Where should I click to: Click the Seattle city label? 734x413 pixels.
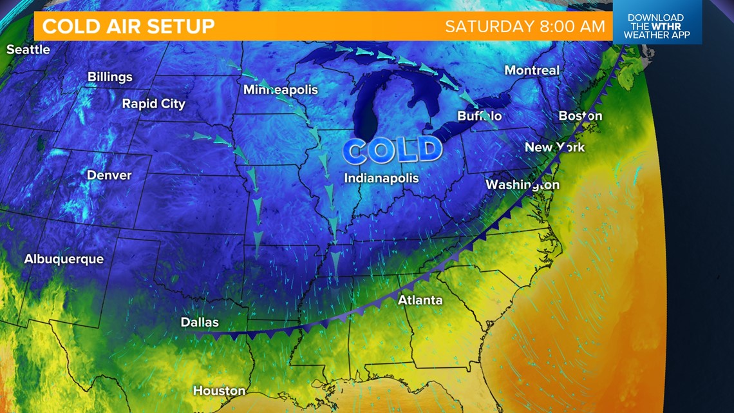[28, 50]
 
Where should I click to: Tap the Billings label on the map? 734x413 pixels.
[110, 77]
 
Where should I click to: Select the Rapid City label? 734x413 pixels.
[154, 104]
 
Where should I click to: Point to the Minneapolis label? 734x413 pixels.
[281, 90]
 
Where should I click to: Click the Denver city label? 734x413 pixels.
[109, 175]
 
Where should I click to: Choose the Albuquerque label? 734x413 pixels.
[64, 259]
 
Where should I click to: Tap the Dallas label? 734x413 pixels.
[200, 322]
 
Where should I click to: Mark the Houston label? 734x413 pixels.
[220, 390]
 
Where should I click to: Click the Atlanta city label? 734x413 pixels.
[420, 300]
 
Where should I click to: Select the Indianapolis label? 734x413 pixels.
[381, 178]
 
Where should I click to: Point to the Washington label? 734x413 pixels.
[522, 185]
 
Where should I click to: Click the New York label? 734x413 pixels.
[554, 148]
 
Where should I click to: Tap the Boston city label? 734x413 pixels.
[580, 116]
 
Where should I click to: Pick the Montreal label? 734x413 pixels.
[532, 70]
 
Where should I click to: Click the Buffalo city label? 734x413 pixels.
[479, 117]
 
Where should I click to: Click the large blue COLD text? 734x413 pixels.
[393, 151]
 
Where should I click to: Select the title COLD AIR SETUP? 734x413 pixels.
[129, 26]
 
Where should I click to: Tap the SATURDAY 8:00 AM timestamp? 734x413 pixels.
[525, 26]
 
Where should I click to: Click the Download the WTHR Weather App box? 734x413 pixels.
[656, 26]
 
